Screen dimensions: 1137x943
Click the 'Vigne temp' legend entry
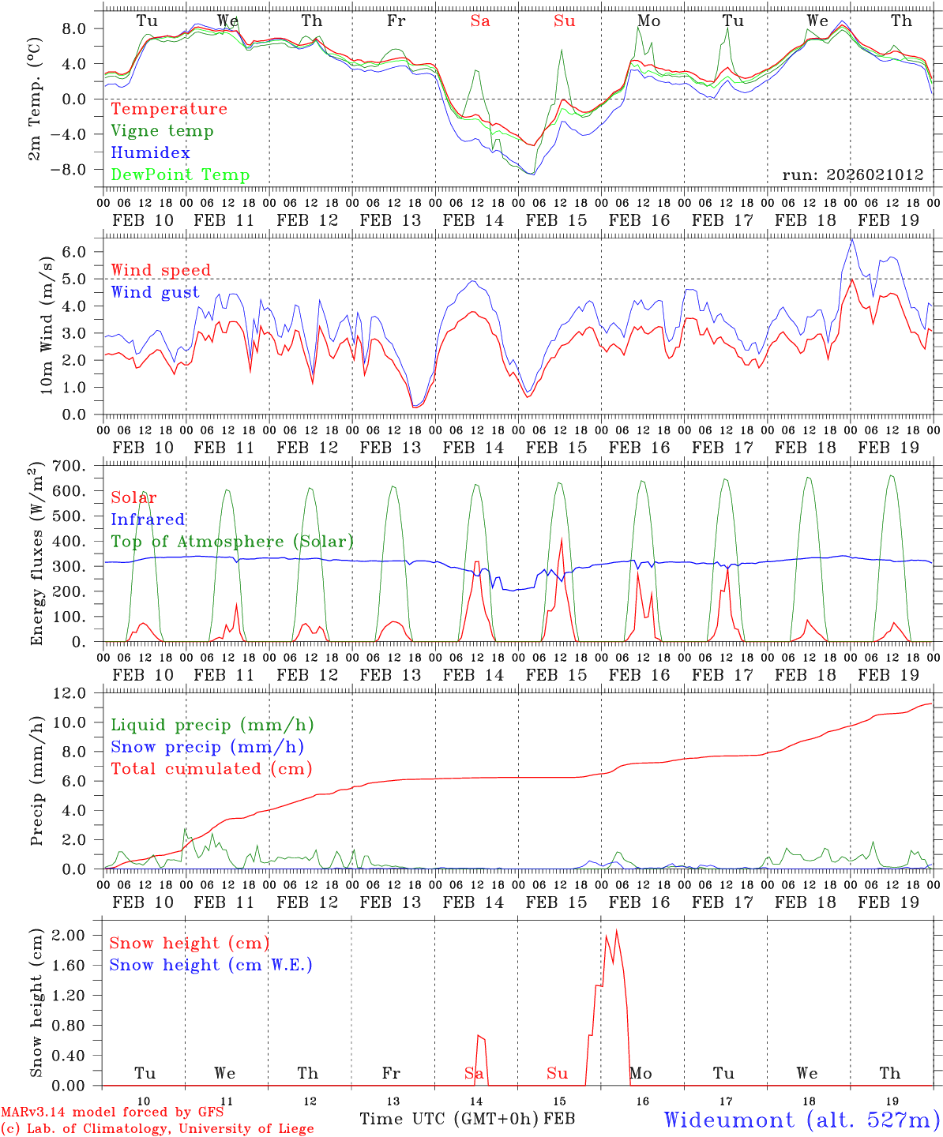(162, 131)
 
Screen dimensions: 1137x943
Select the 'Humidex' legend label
(150, 153)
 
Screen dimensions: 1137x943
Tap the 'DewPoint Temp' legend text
(180, 175)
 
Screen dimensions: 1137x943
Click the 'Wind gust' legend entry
(155, 292)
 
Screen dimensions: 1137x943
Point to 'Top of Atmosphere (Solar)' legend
(232, 542)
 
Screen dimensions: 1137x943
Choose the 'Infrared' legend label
(148, 520)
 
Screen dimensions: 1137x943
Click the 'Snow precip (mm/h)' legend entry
(207, 747)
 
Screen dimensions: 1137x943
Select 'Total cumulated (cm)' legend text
(211, 769)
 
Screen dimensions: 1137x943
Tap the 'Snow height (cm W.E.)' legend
(211, 965)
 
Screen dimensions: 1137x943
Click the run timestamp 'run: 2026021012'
(853, 175)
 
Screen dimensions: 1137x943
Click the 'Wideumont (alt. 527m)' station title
(802, 1120)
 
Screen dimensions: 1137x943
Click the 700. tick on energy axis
(79, 466)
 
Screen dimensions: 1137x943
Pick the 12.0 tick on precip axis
(78, 693)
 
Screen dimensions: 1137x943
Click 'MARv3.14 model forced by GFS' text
(112, 1113)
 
